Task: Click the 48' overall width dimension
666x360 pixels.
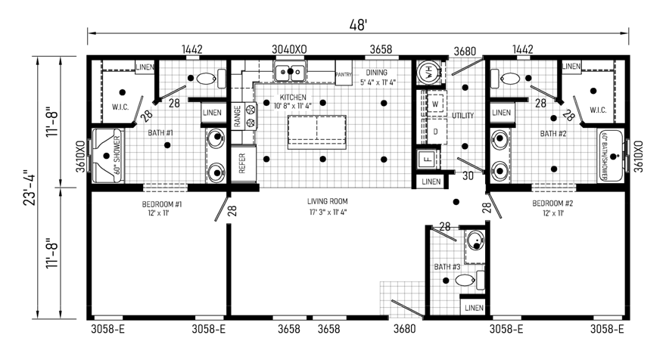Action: [358, 25]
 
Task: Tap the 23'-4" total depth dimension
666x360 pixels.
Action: [30, 188]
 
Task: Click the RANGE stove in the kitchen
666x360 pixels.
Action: [244, 116]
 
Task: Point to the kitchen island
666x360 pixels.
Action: [317, 132]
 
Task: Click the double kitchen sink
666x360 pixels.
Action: [290, 71]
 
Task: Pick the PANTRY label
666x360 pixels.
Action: [344, 75]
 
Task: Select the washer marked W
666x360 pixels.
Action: [435, 104]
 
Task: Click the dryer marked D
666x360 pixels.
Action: [435, 132]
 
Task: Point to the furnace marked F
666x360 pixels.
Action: [428, 160]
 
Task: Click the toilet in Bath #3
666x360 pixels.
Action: [470, 280]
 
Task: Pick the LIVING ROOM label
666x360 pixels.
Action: [328, 201]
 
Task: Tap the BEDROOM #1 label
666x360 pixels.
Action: [162, 204]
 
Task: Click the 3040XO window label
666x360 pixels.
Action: [289, 50]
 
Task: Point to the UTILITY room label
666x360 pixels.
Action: [462, 116]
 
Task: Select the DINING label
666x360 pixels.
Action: [377, 73]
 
